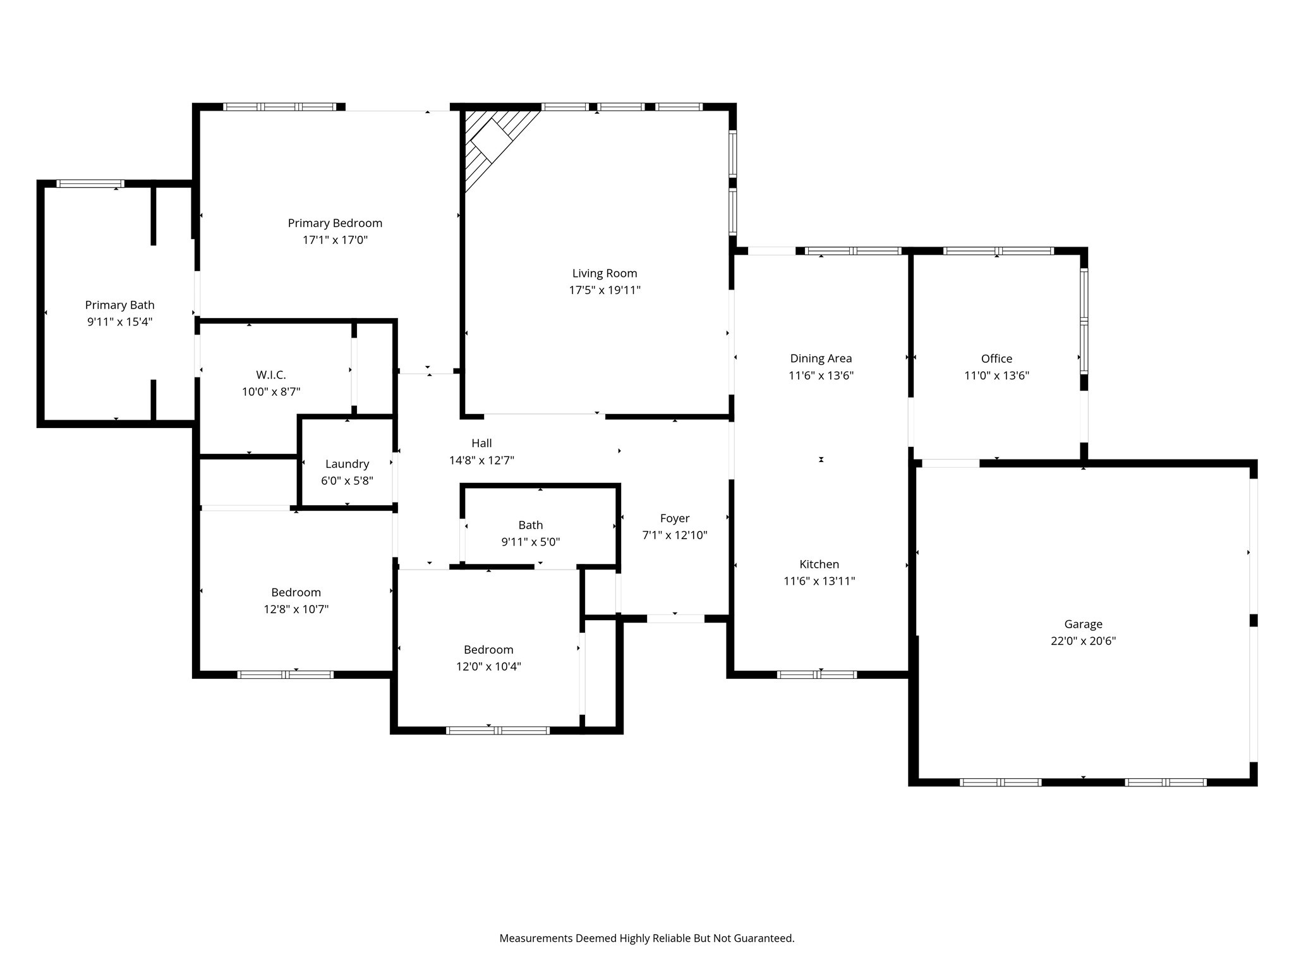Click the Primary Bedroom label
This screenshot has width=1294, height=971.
pos(335,223)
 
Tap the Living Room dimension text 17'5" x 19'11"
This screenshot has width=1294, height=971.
pos(605,290)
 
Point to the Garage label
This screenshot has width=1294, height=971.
pos(1083,624)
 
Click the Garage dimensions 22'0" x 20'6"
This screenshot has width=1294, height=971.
pos(1083,641)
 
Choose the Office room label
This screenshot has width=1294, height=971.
pos(996,358)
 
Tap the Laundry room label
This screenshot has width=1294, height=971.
pos(347,464)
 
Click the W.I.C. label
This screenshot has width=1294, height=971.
pos(270,375)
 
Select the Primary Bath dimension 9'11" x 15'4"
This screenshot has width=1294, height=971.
pos(119,322)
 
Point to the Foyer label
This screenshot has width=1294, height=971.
pos(674,518)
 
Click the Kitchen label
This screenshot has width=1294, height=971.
pos(819,565)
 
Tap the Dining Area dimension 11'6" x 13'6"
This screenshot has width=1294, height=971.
pos(821,376)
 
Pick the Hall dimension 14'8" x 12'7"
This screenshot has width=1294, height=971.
pos(481,461)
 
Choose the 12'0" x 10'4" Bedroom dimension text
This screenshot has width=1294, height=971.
pos(488,666)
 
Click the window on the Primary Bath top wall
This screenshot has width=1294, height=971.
pos(90,184)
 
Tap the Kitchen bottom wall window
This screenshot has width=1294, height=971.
pos(816,675)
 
